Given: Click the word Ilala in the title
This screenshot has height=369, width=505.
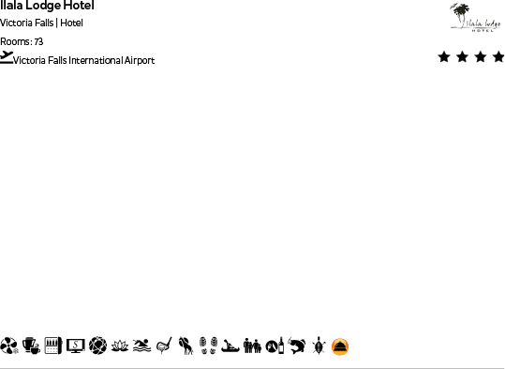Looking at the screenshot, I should coord(11,6).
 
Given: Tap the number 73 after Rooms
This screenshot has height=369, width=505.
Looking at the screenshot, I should coord(38,41).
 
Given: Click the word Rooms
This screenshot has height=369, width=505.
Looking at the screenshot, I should coord(15,41).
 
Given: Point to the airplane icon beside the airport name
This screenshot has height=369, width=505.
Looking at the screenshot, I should coord(7,57).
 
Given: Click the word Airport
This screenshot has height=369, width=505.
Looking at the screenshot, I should coord(139,61).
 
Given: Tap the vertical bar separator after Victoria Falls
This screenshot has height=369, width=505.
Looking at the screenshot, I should coord(56,23).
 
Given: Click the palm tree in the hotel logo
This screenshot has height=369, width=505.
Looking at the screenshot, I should coord(459,14).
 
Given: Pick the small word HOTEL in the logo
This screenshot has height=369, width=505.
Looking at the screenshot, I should coord(483,29).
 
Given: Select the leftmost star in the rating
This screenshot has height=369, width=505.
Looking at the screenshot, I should coord(444,57).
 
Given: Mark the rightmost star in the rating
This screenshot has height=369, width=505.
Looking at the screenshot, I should coord(498,57).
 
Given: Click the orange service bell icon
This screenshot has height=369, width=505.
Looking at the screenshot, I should coord(340,346).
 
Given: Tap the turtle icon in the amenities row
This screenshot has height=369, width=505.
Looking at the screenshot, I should coord(319,346).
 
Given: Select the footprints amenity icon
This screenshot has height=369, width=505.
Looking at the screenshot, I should coord(208,346).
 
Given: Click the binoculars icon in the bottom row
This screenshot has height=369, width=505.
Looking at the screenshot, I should coord(252,346).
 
